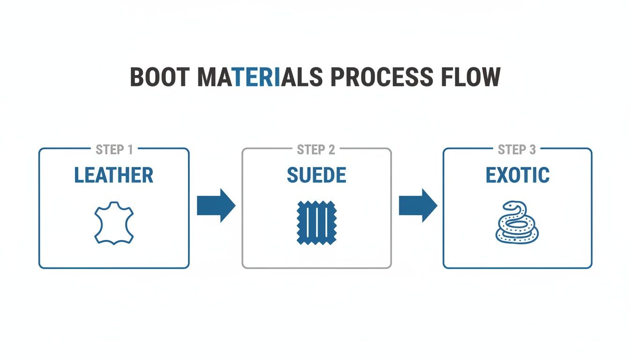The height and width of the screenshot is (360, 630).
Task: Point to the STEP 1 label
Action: pos(114,150)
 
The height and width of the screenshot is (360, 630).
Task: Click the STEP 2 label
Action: pos(316,150)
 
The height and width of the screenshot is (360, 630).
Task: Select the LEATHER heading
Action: pos(114,175)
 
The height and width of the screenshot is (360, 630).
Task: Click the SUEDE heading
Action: pos(316,175)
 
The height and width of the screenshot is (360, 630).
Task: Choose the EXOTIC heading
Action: pos(517,175)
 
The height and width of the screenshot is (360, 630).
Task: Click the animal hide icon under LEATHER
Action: pos(114,223)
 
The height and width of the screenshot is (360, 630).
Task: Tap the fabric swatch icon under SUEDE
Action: pos(316,222)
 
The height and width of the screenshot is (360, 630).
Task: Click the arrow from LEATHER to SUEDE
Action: pos(216,205)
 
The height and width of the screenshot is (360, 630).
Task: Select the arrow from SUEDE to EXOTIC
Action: pos(418,205)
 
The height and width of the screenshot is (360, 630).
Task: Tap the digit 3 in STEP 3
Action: pos(532,150)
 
